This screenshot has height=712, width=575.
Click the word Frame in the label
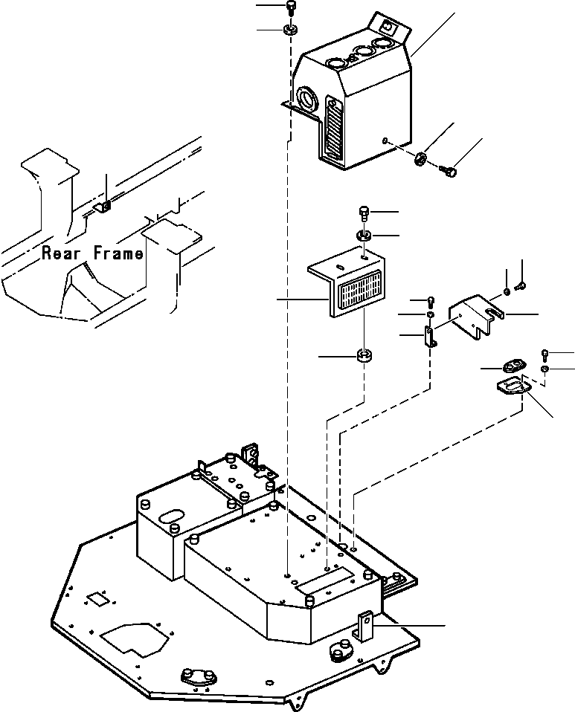pos(118,253)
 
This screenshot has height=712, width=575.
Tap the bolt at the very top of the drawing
pos(290,7)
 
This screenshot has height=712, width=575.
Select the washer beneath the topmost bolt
pos(290,30)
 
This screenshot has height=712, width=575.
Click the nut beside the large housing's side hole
pos(420,158)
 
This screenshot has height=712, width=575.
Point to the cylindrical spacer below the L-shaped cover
pos(364,356)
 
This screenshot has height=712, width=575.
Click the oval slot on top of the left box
pos(171,514)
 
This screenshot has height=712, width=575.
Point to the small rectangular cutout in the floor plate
pos(96,598)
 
